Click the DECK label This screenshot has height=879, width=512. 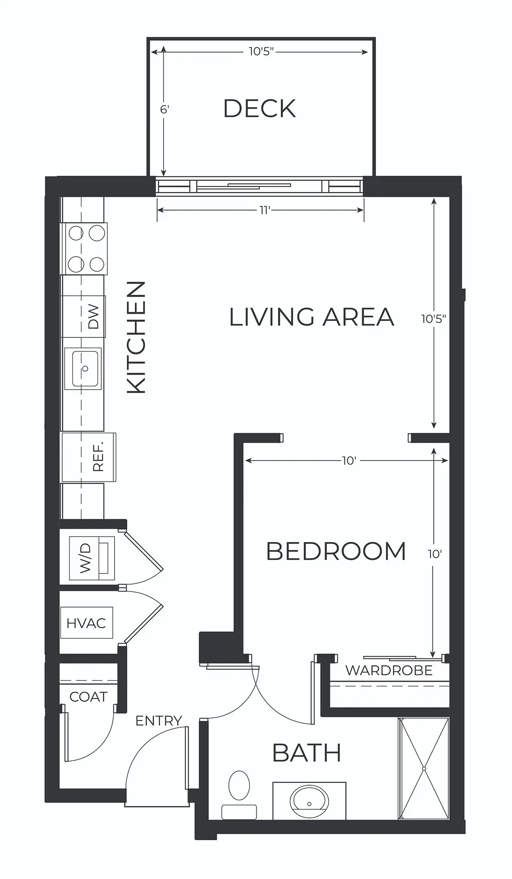(x=259, y=109)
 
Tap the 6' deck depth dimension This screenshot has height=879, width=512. (x=164, y=109)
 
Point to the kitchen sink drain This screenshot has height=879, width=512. (x=85, y=369)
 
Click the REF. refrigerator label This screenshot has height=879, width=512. (x=98, y=457)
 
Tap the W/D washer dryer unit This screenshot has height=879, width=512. (x=92, y=558)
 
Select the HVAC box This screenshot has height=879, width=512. (x=87, y=623)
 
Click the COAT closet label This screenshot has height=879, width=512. (x=88, y=697)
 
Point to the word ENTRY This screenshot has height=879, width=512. (x=159, y=721)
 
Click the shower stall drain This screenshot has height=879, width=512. (x=425, y=768)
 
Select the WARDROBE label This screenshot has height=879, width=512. (x=389, y=671)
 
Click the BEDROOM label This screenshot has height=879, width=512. (x=336, y=551)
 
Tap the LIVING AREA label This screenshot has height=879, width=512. (x=311, y=317)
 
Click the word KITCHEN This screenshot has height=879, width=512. (x=136, y=337)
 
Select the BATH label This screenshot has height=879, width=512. (x=307, y=753)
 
